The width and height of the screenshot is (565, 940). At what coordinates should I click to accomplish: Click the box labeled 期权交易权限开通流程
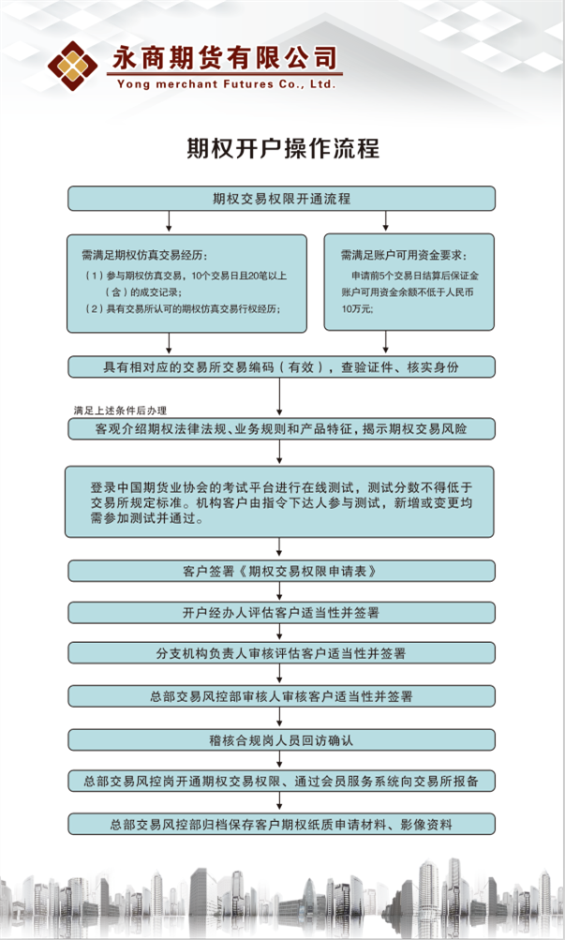[281, 199]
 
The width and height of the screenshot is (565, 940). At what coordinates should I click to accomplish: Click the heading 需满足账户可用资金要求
[403, 255]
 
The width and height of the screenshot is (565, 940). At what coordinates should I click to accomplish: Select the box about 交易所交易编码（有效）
[281, 366]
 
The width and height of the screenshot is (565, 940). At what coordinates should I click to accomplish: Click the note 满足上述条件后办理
[120, 410]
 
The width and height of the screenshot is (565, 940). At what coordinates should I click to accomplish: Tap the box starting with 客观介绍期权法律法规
[281, 429]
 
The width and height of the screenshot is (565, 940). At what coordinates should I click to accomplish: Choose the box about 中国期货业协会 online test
[281, 500]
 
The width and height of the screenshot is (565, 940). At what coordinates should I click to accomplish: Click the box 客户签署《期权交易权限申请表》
[281, 570]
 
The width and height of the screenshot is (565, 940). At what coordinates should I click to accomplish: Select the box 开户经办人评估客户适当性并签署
[281, 613]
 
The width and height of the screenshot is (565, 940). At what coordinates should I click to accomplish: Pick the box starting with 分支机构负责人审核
[281, 653]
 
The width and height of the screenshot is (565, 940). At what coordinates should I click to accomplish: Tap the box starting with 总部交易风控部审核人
[281, 696]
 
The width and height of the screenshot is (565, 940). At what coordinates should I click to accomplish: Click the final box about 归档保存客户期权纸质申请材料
[281, 825]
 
